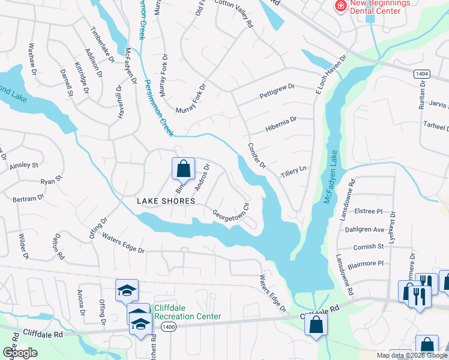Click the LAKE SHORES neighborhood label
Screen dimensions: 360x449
tap(166, 201)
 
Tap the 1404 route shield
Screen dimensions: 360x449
tap(421, 73)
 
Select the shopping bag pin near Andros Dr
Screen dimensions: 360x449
tap(184, 169)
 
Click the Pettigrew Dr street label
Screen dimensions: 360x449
tap(277, 91)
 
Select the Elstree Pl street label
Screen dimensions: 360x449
tap(369, 211)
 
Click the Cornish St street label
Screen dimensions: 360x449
tap(369, 246)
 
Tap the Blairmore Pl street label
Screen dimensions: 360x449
tap(364, 263)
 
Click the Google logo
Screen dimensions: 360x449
tap(20, 353)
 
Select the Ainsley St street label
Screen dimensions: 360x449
tap(24, 164)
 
